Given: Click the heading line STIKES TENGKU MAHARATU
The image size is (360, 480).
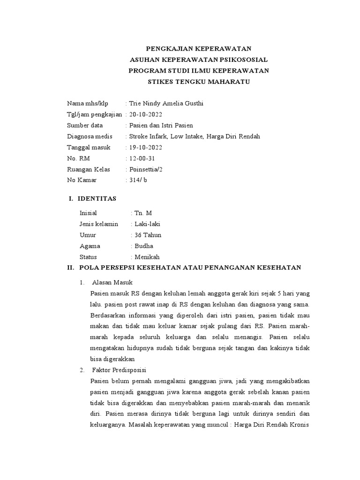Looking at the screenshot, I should click(199, 82).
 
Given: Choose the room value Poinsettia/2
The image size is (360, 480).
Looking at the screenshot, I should click(147, 169).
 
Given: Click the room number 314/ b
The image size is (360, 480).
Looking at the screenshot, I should click(138, 180).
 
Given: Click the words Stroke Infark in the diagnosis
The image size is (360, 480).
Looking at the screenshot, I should click(148, 136).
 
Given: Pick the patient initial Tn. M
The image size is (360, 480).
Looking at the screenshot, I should click(143, 213).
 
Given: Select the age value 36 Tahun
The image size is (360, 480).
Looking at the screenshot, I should click(148, 235).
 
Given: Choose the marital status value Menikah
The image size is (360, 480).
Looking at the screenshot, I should click(147, 257).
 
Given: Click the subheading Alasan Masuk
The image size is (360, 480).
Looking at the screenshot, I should click(112, 283).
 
